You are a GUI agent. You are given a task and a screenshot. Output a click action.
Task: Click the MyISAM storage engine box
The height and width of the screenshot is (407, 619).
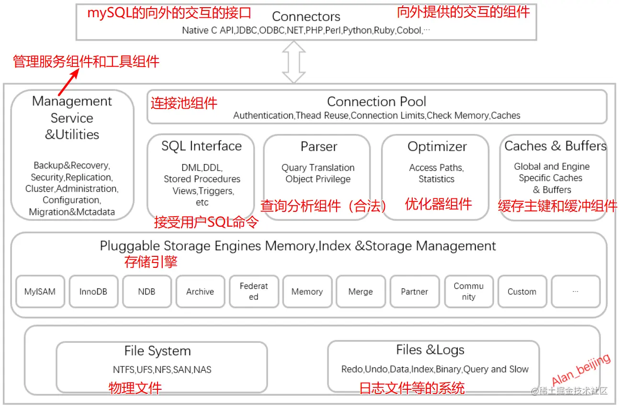coord(40,291)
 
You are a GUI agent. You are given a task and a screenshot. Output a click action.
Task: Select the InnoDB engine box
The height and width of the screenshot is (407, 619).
coord(93,291)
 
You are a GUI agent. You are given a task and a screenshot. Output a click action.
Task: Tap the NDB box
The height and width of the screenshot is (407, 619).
coord(146,291)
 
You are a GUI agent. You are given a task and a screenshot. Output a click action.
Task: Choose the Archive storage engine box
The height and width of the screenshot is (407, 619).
coord(200,291)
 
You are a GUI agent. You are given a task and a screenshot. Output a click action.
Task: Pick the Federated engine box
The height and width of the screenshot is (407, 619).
coord(254,291)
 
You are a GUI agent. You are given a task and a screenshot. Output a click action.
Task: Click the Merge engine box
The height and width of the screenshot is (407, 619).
coord(360,291)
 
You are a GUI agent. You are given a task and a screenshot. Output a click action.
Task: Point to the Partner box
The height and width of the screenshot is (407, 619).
coord(415,291)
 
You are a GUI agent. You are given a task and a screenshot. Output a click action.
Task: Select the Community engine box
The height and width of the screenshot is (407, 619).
coord(469,291)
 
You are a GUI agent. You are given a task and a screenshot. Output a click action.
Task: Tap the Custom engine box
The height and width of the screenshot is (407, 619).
coord(522,291)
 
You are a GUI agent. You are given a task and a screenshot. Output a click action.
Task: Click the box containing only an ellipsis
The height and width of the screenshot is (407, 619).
coord(575,291)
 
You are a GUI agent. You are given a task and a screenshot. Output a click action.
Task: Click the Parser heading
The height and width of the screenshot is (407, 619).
coord(319,147)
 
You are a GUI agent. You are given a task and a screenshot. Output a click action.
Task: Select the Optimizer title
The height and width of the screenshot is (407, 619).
coord(437,147)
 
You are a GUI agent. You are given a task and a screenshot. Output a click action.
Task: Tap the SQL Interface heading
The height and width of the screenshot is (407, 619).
coord(202,146)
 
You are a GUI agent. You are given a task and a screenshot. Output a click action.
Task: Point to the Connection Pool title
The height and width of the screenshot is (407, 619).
coord(377,101)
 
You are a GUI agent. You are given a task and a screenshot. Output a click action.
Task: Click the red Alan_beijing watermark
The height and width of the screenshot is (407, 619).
coord(581,369)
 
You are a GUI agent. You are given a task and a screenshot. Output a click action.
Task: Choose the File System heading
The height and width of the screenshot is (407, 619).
coord(158,351)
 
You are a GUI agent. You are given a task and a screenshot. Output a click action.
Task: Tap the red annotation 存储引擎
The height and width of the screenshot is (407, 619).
coord(151,262)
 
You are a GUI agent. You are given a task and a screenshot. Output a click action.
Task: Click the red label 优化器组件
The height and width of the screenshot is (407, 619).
coord(439,204)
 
